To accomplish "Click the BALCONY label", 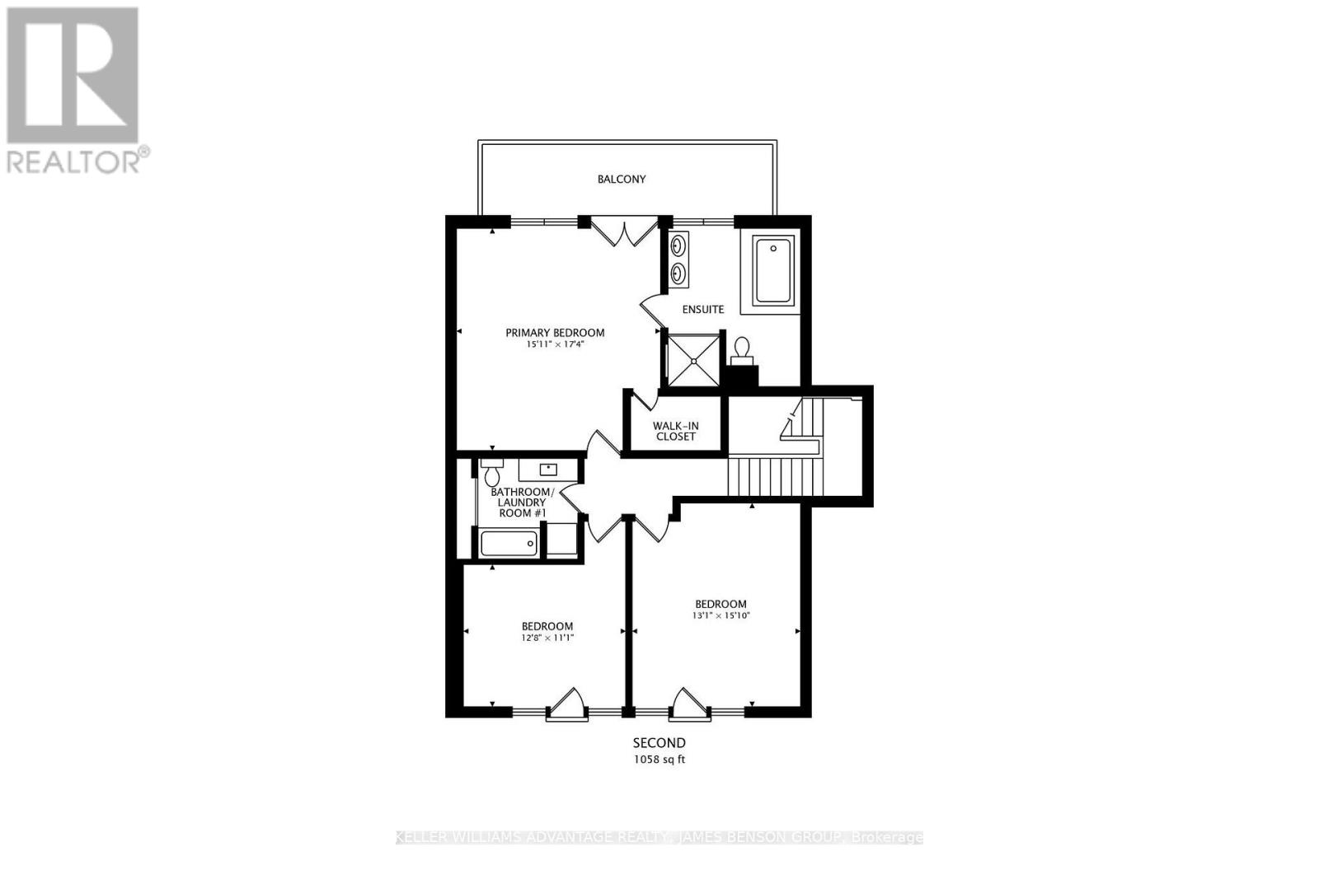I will point(622,179).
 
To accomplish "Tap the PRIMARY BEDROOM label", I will point(555,333).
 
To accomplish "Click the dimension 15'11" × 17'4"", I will point(555,344).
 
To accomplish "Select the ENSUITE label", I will point(703,310).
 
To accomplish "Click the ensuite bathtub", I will point(773,269).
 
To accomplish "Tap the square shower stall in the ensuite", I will point(693,360).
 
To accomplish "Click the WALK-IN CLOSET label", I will point(675,431).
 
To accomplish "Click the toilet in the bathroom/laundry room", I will point(492,474).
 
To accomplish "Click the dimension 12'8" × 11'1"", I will point(547,638).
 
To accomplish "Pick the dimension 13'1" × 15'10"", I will point(721,615).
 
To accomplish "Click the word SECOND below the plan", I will point(659,743).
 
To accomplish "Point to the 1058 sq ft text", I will point(659,760).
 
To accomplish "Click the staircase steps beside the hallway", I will point(775,478).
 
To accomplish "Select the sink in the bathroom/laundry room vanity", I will point(548,470).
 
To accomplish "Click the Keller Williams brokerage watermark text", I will point(659,838).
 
